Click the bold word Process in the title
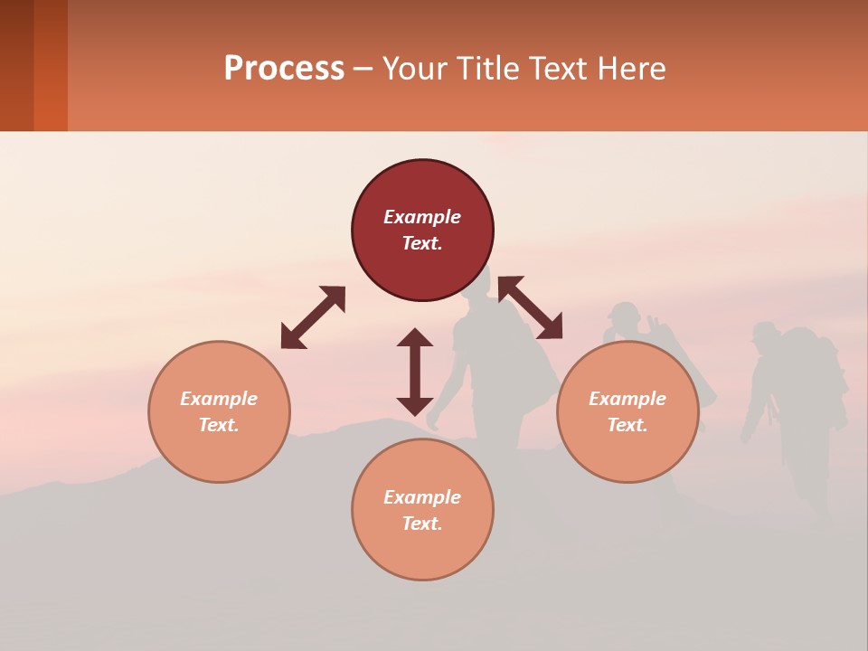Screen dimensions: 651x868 tap(284, 69)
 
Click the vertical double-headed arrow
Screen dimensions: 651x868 tap(415, 372)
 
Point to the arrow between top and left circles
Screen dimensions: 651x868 tap(313, 317)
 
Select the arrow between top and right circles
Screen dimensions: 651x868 tap(530, 307)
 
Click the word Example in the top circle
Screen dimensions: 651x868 tap(422, 217)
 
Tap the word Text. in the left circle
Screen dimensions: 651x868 tap(219, 425)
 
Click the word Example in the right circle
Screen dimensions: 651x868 tap(627, 399)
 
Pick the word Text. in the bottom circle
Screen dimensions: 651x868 tap(422, 524)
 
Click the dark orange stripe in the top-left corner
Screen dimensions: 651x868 tap(51, 65)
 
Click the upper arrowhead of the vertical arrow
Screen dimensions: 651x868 tap(415, 337)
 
